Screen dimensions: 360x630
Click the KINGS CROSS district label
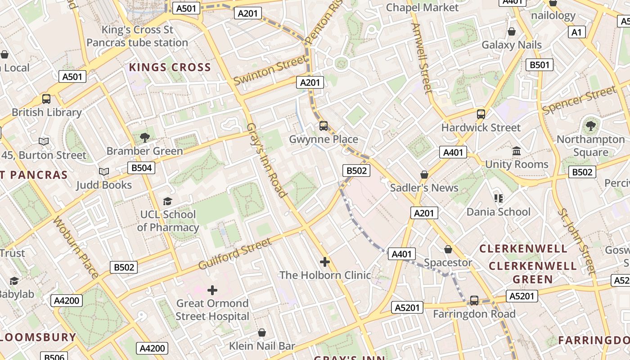coord(170,67)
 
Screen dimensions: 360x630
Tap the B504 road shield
coord(141,168)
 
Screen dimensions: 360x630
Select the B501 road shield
coord(539,65)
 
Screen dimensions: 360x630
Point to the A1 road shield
coord(576,32)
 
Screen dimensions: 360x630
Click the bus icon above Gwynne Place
coord(323,126)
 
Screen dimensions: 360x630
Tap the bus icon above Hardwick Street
coord(481,114)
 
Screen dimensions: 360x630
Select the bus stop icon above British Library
coord(46,99)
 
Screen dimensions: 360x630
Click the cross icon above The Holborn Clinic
coord(324,261)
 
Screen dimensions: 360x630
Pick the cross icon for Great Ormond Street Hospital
coord(212,290)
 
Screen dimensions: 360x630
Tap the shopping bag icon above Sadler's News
coord(424,174)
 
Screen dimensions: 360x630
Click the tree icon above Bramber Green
coord(144,137)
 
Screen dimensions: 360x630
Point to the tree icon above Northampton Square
coord(590,126)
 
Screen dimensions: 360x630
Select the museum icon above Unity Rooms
coord(516,151)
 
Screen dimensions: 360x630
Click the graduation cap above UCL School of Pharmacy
coord(167,201)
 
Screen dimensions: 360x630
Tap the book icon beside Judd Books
coord(104,171)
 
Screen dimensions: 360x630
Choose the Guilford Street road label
coord(235,254)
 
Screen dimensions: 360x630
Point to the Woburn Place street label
coord(75,247)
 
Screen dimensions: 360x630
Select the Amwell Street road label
coord(422,58)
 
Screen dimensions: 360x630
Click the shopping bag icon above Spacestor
coord(448,249)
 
